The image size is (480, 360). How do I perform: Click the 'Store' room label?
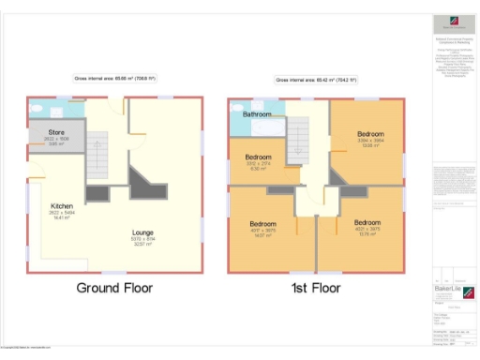[x=57, y=133]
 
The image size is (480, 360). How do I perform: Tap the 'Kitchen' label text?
[x=63, y=206]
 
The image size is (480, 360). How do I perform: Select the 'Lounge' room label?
[x=143, y=232]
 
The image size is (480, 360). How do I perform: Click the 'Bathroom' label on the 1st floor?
[x=258, y=114]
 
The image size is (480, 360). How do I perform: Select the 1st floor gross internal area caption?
[x=316, y=80]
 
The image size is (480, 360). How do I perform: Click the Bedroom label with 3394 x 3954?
[x=370, y=134]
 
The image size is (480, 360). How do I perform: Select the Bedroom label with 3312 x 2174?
[x=258, y=157]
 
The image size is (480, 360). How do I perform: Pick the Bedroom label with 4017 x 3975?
[x=262, y=223]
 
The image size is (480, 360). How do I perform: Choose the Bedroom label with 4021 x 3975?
[x=367, y=223]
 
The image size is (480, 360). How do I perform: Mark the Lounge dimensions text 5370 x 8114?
[x=143, y=239]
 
